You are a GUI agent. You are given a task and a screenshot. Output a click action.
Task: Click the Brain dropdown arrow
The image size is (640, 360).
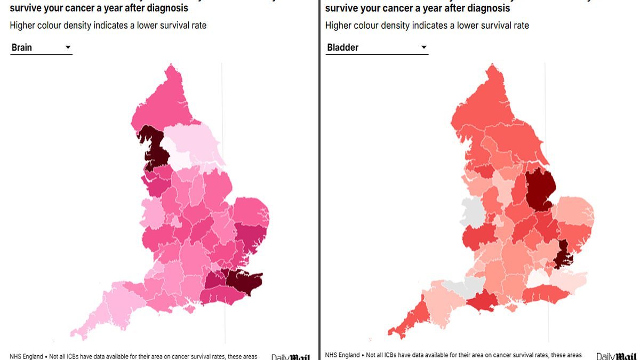[x=68, y=47]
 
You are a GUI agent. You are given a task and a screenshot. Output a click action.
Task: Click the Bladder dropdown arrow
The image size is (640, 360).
[x=424, y=47]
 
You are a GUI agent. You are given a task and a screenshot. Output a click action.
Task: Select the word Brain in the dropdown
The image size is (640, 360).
[x=22, y=47]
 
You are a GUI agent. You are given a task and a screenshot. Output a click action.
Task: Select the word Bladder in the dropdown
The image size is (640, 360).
[x=342, y=47]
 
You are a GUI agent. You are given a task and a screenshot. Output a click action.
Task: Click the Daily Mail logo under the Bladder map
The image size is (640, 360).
[x=616, y=356]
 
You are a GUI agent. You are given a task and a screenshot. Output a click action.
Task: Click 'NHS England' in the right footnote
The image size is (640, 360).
[x=342, y=356]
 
